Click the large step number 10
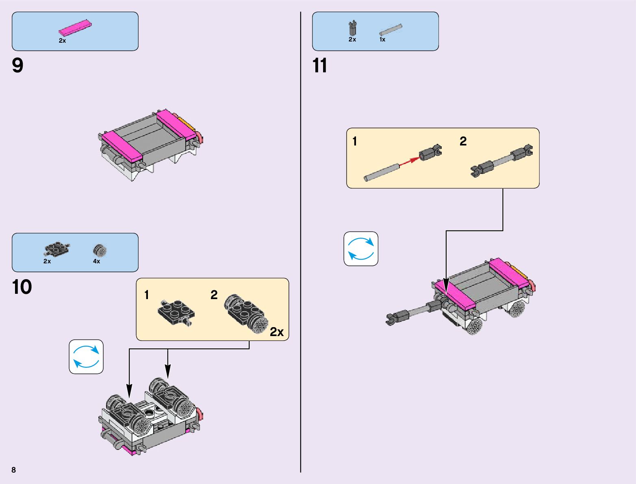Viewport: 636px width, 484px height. click(22, 287)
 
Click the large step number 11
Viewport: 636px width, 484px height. click(320, 65)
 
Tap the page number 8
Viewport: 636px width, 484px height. click(14, 470)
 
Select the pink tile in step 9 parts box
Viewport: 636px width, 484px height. click(75, 28)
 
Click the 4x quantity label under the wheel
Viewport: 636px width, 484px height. click(96, 261)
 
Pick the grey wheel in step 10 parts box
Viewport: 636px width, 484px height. click(100, 251)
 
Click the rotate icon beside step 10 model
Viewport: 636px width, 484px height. click(86, 356)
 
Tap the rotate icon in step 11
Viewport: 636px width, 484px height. click(361, 249)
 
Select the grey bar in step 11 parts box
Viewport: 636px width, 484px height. click(391, 30)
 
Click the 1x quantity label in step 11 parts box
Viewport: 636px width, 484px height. click(382, 39)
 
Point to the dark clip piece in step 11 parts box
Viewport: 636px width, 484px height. click(353, 28)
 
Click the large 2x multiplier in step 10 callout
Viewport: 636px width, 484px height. click(277, 332)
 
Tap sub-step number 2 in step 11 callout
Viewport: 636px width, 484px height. click(463, 141)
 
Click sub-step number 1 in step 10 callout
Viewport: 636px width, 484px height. click(147, 295)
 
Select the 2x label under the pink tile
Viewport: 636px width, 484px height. click(62, 41)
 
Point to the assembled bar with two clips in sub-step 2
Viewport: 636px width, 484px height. click(501, 161)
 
